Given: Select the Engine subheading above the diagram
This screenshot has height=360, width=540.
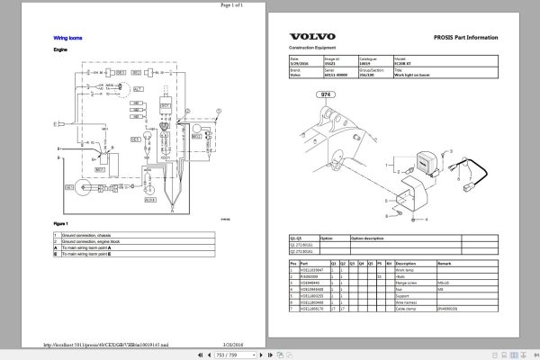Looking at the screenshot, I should [x=61, y=51].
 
